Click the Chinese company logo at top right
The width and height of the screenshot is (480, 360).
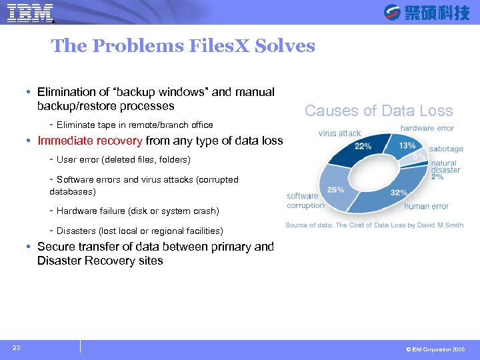coord(427,12)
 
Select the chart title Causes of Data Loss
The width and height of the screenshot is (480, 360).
coord(379,111)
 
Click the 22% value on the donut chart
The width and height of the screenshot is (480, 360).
coord(363,146)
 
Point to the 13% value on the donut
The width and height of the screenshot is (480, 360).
coord(407,145)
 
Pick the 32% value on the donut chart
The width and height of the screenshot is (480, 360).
coord(399,192)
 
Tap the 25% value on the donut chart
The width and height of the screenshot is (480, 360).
coord(336,189)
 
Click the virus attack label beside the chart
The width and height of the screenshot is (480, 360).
coord(339,133)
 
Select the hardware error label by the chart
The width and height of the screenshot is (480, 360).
coord(427,128)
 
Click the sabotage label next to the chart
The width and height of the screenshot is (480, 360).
coord(446,149)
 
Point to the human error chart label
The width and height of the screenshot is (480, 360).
coord(426,206)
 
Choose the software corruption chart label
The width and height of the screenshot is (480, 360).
coord(305,201)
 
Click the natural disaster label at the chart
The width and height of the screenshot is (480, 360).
coord(445,167)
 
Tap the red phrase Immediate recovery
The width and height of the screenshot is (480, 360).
coord(90,141)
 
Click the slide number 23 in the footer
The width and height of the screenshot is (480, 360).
coord(15,347)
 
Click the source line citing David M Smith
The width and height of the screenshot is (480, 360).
coord(374,225)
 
